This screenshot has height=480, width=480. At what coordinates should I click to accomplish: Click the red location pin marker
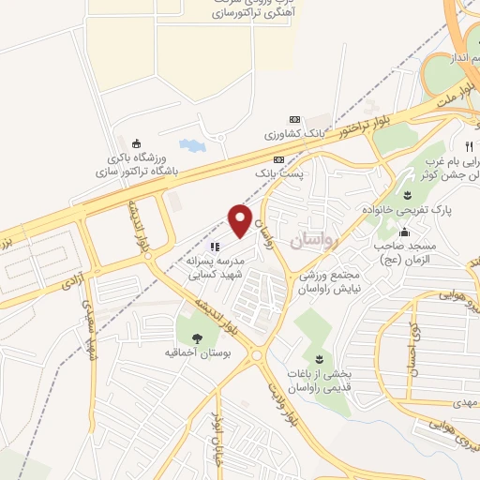click(241, 220)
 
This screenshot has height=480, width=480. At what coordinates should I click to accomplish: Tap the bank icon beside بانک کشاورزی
click(295, 120)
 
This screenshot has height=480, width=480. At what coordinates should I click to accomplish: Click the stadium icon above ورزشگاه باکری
click(138, 143)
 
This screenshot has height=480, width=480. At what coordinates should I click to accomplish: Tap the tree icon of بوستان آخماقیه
click(198, 338)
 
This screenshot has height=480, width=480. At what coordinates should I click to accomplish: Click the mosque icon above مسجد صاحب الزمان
click(404, 233)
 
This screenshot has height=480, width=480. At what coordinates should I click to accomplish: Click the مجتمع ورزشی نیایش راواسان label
click(323, 284)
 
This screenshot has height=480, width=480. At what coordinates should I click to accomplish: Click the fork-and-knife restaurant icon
click(468, 146)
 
